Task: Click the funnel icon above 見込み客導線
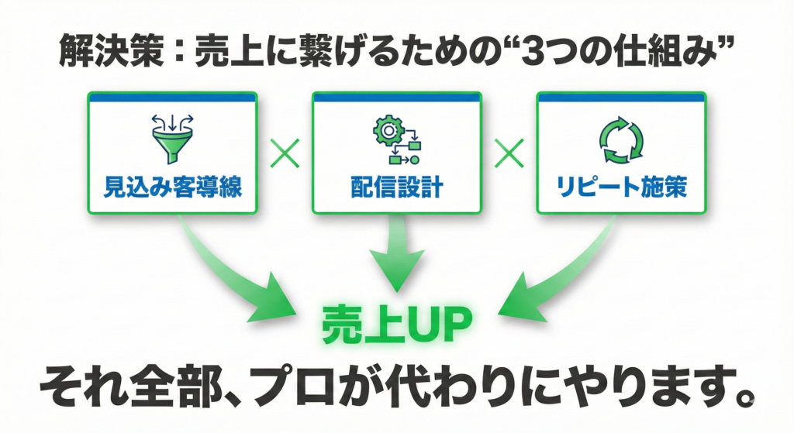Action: click(x=172, y=139)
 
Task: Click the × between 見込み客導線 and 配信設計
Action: click(x=285, y=153)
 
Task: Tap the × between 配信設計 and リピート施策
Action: click(x=509, y=153)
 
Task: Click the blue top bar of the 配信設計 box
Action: click(x=396, y=98)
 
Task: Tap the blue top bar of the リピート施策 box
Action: click(x=621, y=98)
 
